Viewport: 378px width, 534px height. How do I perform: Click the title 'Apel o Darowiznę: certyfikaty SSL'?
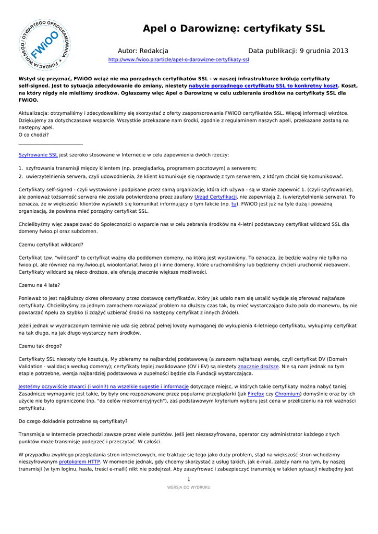(x=234, y=29)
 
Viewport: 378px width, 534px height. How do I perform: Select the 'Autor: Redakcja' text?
(x=143, y=51)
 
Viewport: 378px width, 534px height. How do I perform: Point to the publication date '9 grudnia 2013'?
(x=324, y=51)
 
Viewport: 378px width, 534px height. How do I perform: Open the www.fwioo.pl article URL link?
(x=178, y=60)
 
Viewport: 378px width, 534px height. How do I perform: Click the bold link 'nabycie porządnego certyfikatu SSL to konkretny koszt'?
(x=263, y=85)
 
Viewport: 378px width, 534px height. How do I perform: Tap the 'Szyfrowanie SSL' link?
(x=38, y=155)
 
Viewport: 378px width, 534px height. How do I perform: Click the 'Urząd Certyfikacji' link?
(x=215, y=197)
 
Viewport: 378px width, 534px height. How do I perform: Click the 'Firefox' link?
(x=255, y=394)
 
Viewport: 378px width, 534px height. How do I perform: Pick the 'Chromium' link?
(x=286, y=394)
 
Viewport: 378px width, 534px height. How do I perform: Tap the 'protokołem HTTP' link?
(x=79, y=462)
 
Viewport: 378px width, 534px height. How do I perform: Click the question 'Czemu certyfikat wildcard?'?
(x=51, y=245)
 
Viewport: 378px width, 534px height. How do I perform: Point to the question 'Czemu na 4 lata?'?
(x=39, y=285)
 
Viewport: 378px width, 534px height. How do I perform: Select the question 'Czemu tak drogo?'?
(x=40, y=346)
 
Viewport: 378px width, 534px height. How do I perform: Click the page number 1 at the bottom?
(x=189, y=479)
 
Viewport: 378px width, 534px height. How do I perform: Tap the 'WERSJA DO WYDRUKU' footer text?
(x=189, y=487)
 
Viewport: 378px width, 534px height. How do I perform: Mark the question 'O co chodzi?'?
(x=33, y=135)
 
